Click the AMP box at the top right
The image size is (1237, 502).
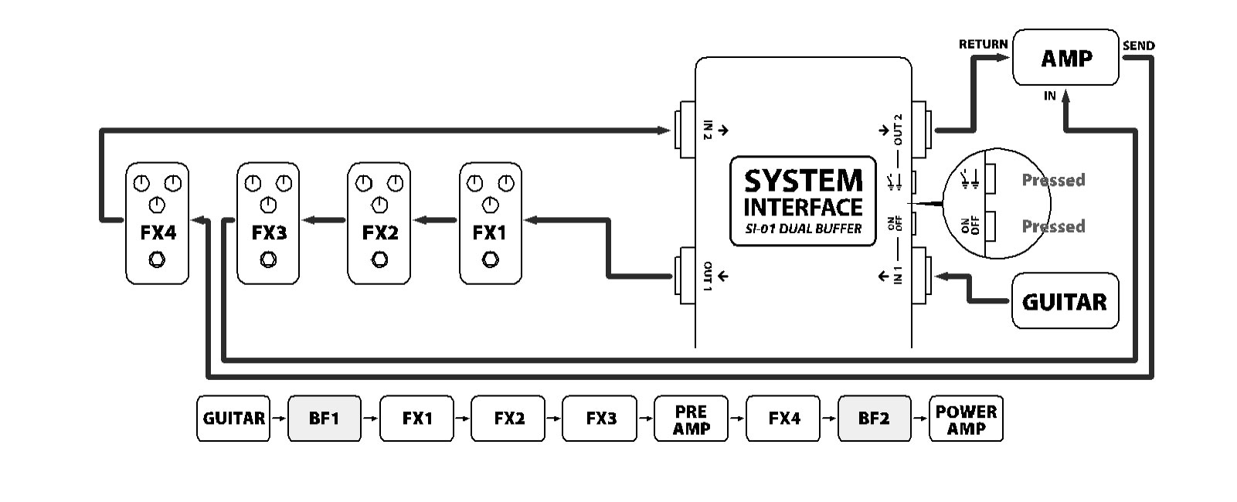click(1065, 58)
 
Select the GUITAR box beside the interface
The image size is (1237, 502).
click(1065, 301)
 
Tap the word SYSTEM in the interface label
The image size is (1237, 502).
click(803, 181)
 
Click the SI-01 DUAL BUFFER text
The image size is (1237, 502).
click(803, 229)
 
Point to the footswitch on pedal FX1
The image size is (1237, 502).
click(490, 260)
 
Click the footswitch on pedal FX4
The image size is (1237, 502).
click(157, 260)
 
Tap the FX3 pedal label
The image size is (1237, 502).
click(268, 232)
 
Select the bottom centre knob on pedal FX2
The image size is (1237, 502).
click(379, 205)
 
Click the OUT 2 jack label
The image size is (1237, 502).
click(898, 130)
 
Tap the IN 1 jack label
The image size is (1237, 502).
click(898, 275)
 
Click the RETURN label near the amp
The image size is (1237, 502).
click(983, 44)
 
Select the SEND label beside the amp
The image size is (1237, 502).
click(1138, 46)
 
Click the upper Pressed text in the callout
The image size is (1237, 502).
click(1053, 180)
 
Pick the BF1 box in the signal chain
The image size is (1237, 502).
click(324, 419)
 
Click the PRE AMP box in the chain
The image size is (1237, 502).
click(691, 419)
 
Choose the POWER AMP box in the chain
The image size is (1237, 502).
click(966, 419)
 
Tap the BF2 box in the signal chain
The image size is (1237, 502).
click(874, 419)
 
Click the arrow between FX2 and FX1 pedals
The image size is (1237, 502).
click(435, 221)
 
